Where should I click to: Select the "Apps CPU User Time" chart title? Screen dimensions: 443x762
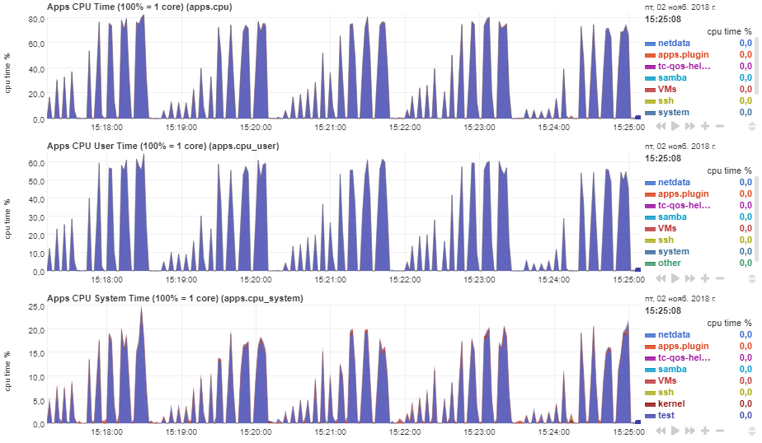click(x=162, y=147)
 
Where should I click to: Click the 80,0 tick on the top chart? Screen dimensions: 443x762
click(x=35, y=18)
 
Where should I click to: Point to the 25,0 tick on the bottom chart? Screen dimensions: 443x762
click(x=35, y=306)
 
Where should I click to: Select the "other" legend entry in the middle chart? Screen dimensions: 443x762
click(x=670, y=263)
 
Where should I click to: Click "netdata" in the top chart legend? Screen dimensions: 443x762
click(x=674, y=43)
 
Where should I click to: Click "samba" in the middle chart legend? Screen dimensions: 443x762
click(x=672, y=217)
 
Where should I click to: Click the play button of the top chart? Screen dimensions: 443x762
click(x=675, y=126)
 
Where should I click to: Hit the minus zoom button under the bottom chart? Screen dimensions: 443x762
click(x=720, y=430)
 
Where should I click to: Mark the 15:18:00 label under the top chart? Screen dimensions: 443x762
click(x=106, y=128)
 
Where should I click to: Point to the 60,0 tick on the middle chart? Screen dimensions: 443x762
click(x=35, y=163)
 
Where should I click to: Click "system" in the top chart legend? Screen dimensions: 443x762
click(x=674, y=112)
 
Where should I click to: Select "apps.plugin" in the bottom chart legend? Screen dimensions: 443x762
click(x=683, y=347)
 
